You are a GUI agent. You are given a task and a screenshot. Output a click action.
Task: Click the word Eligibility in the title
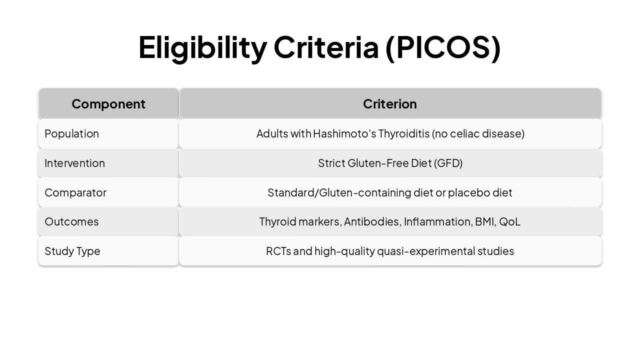tap(202, 47)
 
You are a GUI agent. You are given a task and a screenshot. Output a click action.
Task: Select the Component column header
tap(108, 104)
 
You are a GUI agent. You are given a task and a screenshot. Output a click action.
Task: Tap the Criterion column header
tap(390, 104)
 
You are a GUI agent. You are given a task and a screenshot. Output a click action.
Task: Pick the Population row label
tap(72, 133)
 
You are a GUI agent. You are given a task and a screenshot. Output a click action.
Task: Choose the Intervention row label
tap(75, 163)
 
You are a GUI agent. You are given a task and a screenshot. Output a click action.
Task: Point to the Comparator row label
tap(75, 192)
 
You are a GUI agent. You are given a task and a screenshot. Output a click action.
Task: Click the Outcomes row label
tap(71, 221)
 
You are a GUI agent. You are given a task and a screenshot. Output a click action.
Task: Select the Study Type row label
tap(72, 251)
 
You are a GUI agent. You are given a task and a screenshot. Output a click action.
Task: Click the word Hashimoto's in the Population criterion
tap(344, 133)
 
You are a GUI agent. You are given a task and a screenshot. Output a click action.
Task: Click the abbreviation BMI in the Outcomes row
tap(485, 221)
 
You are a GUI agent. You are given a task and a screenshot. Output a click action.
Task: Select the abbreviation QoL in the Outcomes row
tap(510, 221)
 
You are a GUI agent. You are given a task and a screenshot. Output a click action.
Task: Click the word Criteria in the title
tap(326, 47)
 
